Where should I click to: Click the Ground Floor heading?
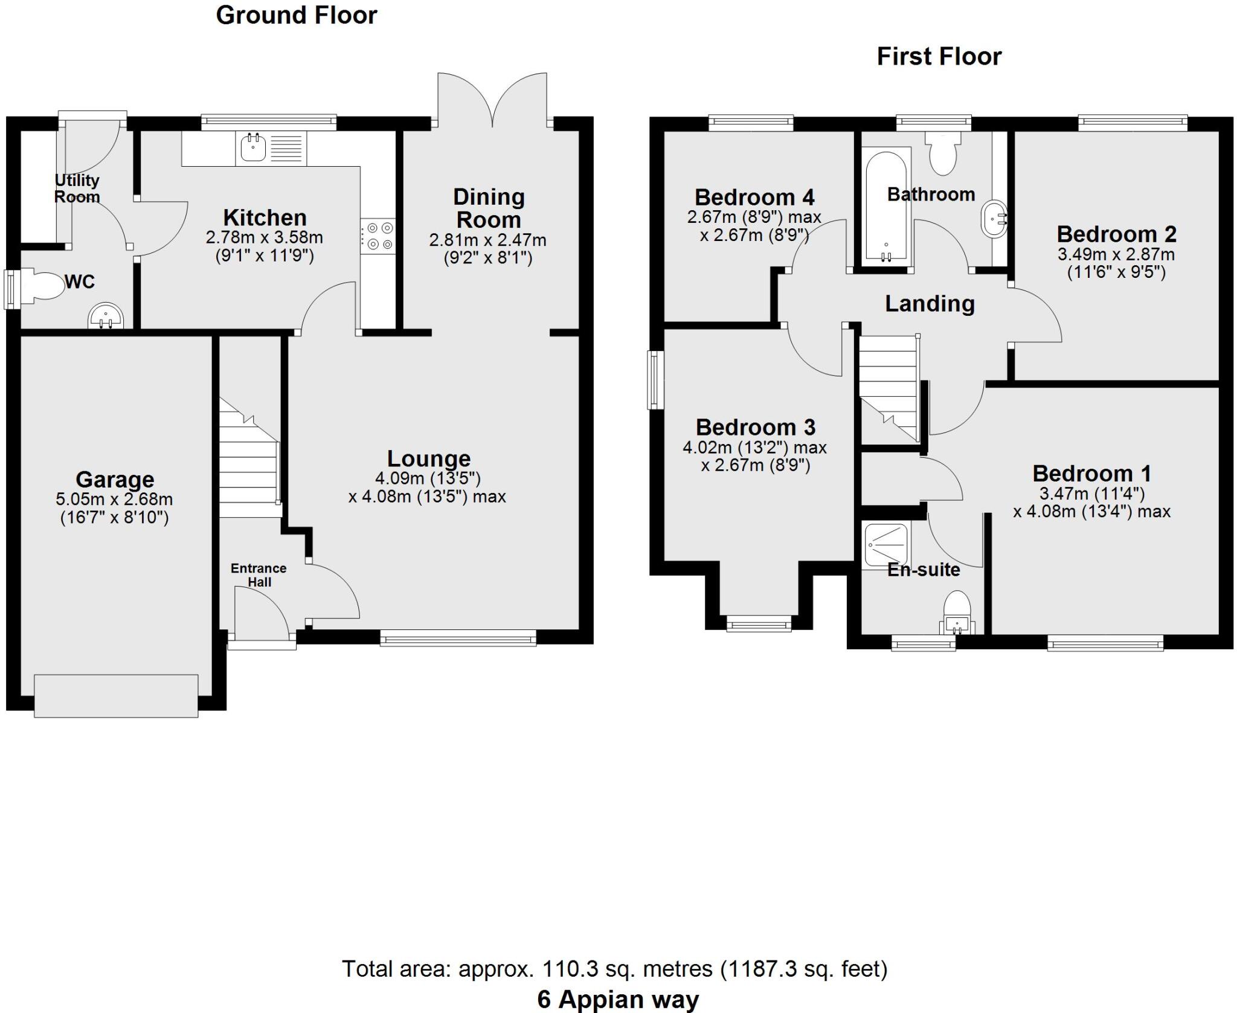point(296,15)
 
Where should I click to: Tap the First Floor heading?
point(939,57)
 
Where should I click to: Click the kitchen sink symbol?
point(254,148)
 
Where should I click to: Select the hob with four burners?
point(378,236)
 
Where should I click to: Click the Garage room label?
point(115,479)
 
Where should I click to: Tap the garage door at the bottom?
point(116,695)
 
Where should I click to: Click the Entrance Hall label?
point(259,574)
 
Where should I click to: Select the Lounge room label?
point(428,458)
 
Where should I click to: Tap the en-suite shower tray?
point(886,545)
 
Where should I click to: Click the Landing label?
point(930,303)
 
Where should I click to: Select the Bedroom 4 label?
point(754,197)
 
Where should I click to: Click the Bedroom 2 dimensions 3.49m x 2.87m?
point(1116,254)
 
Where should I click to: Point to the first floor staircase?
point(888,387)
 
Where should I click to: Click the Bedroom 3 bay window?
point(758,623)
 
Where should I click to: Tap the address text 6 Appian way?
point(617,999)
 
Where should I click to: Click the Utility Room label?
point(77,188)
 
